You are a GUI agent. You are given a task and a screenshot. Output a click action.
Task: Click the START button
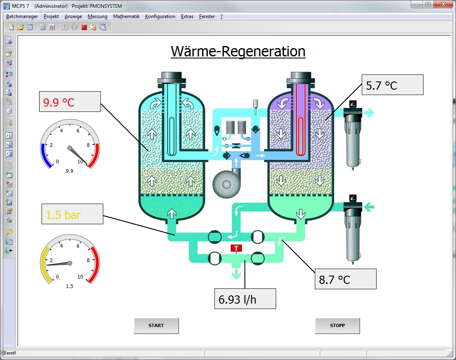pos(156,325)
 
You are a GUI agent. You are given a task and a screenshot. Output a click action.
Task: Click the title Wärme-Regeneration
pos(238,51)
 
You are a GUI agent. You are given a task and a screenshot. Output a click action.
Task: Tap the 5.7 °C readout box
pos(392,85)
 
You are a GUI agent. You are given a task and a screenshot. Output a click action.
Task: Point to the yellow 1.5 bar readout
pos(72,214)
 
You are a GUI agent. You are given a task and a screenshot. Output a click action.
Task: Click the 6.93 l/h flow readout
pos(245,299)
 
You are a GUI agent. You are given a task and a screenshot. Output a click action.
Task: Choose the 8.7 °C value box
pos(345,279)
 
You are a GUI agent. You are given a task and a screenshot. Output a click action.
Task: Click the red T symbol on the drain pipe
pos(236,248)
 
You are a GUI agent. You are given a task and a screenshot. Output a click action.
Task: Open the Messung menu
pos(98,16)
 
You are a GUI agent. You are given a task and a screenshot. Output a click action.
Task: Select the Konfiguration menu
pos(160,16)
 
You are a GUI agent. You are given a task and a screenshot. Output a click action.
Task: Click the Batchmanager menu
pos(22,16)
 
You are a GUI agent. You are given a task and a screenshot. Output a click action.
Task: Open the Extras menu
pos(187,16)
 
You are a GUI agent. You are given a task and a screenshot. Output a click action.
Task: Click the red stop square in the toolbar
pos(84,28)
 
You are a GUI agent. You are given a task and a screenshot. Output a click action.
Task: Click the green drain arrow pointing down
pos(236,274)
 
